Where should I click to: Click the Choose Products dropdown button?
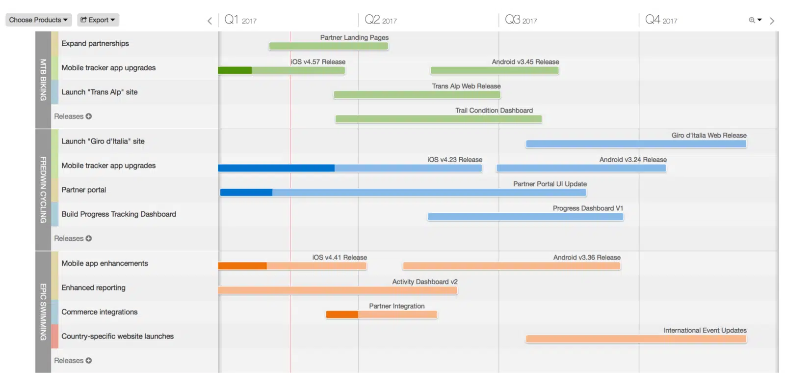pyautogui.click(x=38, y=20)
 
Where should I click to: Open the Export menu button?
pyautogui.click(x=98, y=20)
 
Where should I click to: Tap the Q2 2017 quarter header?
pyautogui.click(x=381, y=20)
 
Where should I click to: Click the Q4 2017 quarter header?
pyautogui.click(x=661, y=20)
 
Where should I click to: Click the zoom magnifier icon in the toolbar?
pyautogui.click(x=752, y=20)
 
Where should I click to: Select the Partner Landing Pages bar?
pyautogui.click(x=328, y=46)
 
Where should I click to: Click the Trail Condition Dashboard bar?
pyautogui.click(x=438, y=119)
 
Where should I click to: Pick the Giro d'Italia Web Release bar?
pyautogui.click(x=636, y=144)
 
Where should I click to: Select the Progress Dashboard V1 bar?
pyautogui.click(x=525, y=217)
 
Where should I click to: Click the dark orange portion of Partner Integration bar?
pyautogui.click(x=342, y=315)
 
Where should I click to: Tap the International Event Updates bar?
pyautogui.click(x=636, y=339)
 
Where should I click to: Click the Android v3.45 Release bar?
pyautogui.click(x=495, y=70)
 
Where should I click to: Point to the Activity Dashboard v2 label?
pyautogui.click(x=424, y=282)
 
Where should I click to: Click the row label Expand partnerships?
pyautogui.click(x=95, y=44)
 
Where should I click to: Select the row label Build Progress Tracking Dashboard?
pyautogui.click(x=119, y=214)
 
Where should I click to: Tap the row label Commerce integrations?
pyautogui.click(x=100, y=312)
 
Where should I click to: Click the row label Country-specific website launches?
pyautogui.click(x=118, y=337)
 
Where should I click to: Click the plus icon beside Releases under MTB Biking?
pyautogui.click(x=89, y=116)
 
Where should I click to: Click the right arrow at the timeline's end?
pyautogui.click(x=772, y=21)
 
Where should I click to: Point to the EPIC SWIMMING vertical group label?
pyautogui.click(x=43, y=312)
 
